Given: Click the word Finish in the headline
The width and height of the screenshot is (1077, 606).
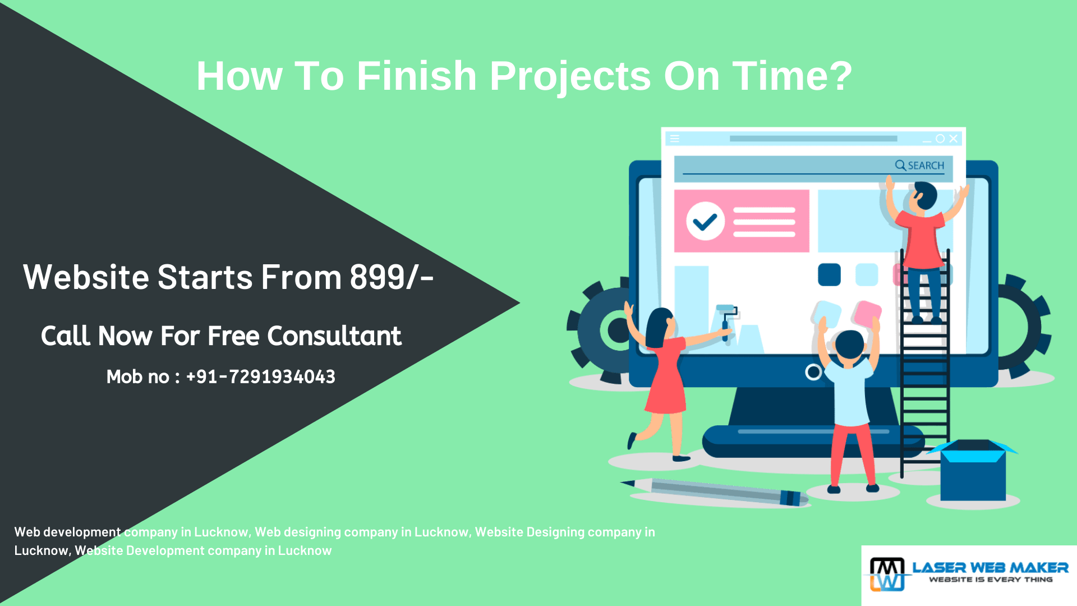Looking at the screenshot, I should [416, 76].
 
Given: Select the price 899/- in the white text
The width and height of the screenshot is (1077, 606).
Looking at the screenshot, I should [392, 277].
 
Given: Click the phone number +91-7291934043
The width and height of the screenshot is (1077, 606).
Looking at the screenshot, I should [260, 377].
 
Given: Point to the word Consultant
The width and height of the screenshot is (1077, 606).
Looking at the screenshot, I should [334, 336].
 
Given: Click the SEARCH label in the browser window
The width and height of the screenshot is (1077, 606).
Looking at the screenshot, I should [926, 166].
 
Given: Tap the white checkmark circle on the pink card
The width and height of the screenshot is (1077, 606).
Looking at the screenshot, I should [705, 221].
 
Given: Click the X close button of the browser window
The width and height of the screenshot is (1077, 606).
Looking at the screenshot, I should [953, 139].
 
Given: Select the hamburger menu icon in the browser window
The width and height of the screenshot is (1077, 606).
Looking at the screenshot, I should [674, 139].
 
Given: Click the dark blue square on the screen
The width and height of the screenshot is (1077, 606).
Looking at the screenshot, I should [829, 274].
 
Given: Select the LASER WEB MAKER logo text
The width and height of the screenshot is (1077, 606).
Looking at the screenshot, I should [990, 568].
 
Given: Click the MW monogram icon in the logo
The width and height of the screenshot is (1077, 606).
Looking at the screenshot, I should [887, 574].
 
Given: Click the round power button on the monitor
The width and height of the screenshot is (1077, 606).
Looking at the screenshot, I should [813, 371].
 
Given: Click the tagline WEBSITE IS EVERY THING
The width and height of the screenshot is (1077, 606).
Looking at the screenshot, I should [991, 580].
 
